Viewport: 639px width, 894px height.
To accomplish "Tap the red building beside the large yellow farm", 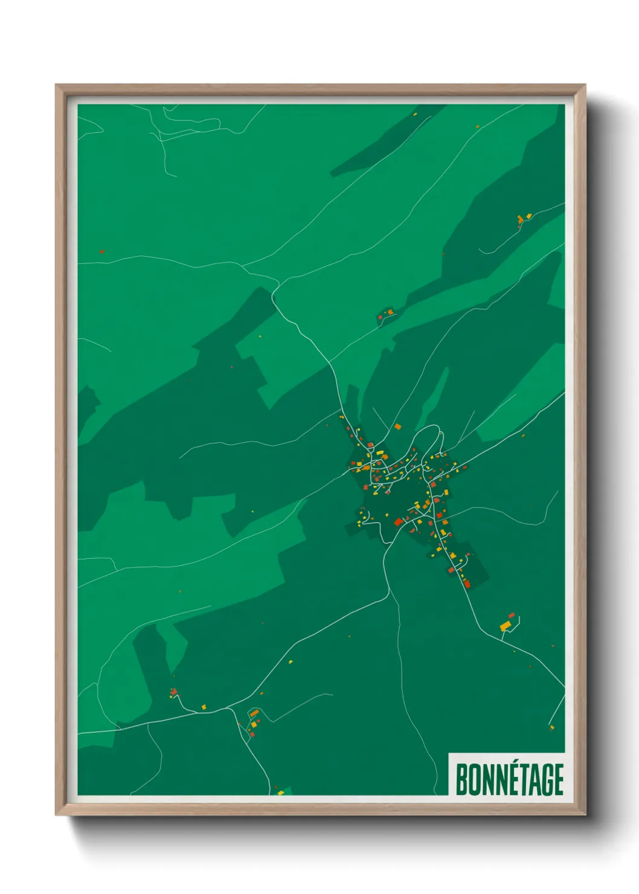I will tap(512, 616).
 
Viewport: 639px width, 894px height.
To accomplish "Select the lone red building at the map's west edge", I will tap(101, 251).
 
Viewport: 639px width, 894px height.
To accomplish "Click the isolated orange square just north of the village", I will tap(397, 426).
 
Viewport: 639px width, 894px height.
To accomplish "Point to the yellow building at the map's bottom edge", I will tap(281, 792).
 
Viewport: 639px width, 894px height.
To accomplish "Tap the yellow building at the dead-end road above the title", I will tap(551, 728).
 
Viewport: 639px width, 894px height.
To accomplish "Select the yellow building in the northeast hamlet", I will tap(528, 216).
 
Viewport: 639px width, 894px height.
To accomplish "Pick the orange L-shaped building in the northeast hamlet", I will tap(520, 219).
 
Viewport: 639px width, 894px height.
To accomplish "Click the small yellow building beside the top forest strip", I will tap(414, 114).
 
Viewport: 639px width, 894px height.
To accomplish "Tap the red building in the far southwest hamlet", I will tap(174, 692).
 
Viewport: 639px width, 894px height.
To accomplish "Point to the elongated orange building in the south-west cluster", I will tap(254, 714).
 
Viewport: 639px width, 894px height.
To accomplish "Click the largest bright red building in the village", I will tap(398, 522).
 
